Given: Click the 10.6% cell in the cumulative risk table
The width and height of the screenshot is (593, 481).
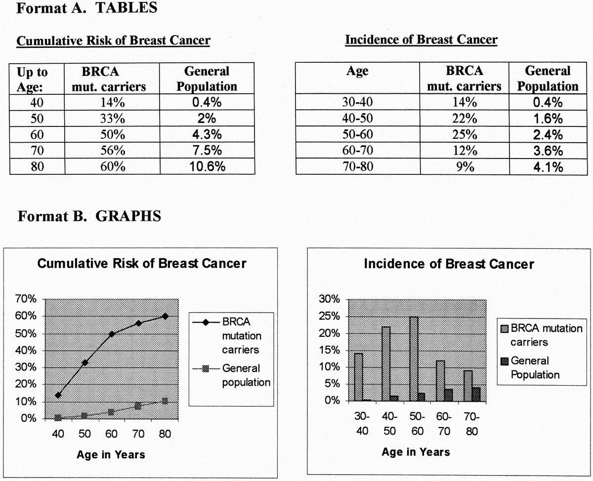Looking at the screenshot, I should click(x=207, y=166).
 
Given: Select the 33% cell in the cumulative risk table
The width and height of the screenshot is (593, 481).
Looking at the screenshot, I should click(x=112, y=119).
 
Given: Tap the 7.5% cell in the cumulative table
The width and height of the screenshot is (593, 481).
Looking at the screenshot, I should click(x=207, y=151).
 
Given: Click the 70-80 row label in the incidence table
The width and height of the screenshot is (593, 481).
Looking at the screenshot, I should click(x=358, y=167).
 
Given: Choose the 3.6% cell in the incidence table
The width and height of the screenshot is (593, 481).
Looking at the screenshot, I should click(x=548, y=151).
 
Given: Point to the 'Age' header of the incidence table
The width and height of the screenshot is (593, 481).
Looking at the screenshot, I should click(x=358, y=72).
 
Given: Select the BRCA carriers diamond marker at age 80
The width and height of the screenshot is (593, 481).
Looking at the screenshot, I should click(x=165, y=316).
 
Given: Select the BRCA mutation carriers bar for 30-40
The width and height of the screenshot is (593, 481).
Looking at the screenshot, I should click(x=358, y=376).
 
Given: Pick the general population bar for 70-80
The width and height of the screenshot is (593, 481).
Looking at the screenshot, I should click(x=476, y=394).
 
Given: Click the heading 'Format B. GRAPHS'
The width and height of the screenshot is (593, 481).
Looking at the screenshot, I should click(x=89, y=216).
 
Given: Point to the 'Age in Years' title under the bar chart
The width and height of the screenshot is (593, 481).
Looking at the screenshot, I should click(x=416, y=452).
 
